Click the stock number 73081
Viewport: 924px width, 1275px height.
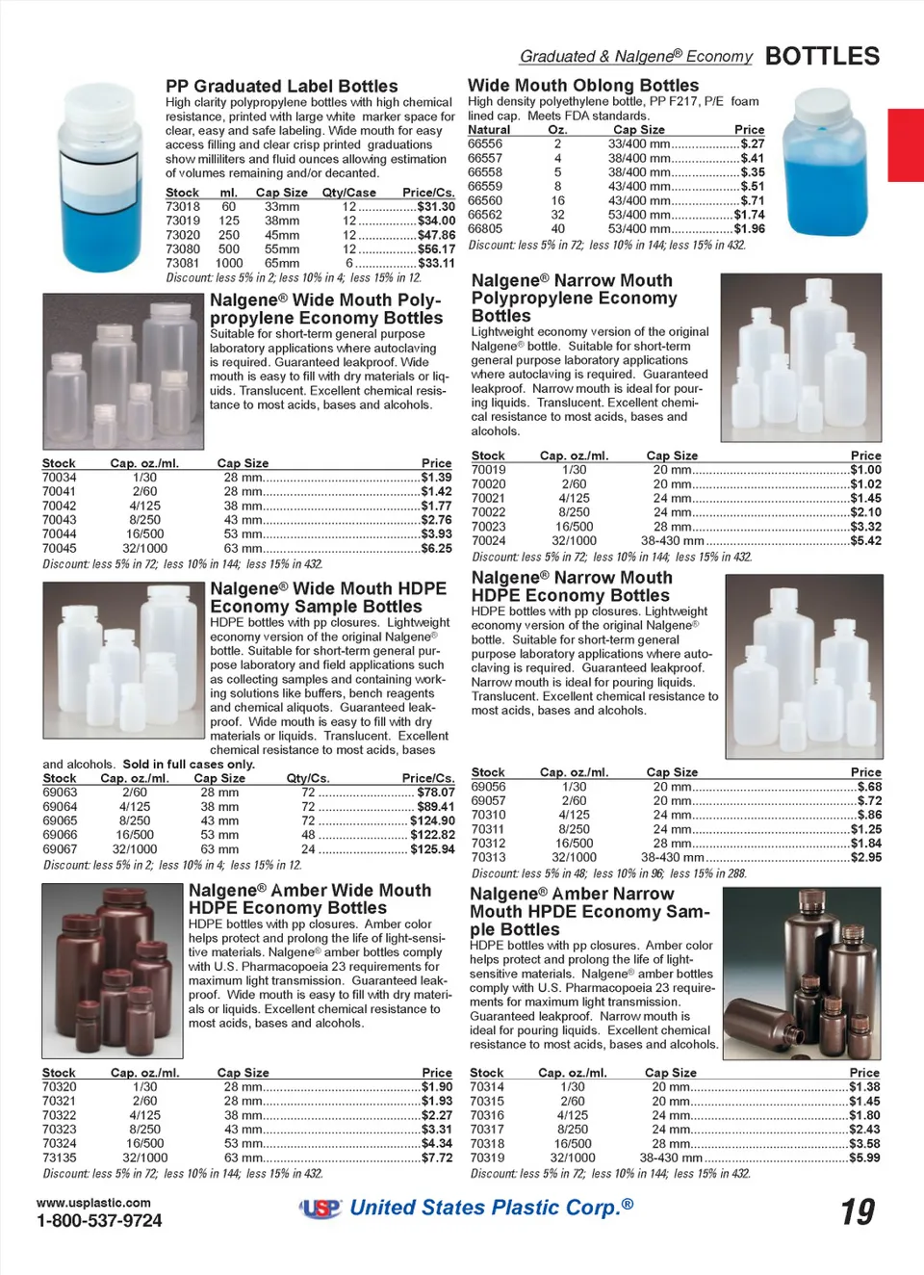click(183, 263)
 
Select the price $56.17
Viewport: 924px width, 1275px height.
click(436, 248)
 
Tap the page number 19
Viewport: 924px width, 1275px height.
click(857, 1211)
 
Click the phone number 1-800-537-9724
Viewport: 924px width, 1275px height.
click(99, 1221)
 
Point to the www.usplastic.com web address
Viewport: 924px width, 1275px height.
click(93, 1203)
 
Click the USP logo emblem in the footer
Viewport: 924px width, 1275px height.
click(321, 1209)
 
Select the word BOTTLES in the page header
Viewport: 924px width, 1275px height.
click(822, 56)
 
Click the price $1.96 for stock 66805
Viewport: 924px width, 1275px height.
click(749, 228)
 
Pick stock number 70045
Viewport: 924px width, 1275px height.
click(60, 548)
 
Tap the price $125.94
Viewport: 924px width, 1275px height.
click(432, 849)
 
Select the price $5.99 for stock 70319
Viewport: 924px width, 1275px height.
click(864, 1158)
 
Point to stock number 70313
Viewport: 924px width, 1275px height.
click(488, 857)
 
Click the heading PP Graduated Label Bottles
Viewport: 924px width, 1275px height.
click(281, 86)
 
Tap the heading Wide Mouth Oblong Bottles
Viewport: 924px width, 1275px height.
click(583, 85)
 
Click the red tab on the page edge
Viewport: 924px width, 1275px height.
click(905, 144)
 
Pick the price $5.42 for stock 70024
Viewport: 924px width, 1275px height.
click(865, 541)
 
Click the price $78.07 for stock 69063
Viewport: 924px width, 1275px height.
click(436, 793)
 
